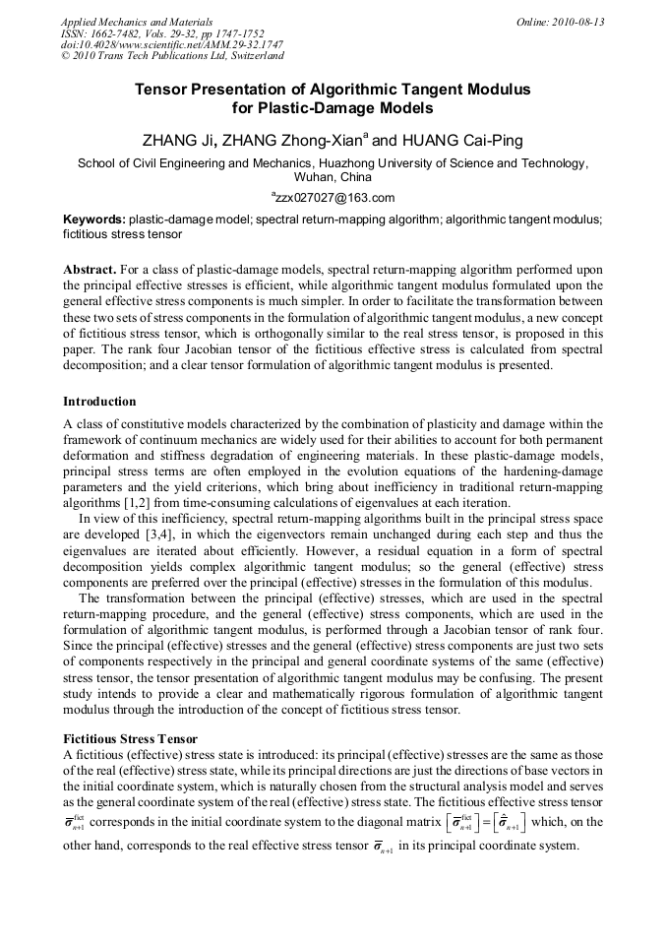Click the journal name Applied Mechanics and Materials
point(136,22)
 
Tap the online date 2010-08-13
point(581,22)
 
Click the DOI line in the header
point(172,45)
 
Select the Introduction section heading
point(99,402)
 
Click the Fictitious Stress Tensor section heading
point(131,738)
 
